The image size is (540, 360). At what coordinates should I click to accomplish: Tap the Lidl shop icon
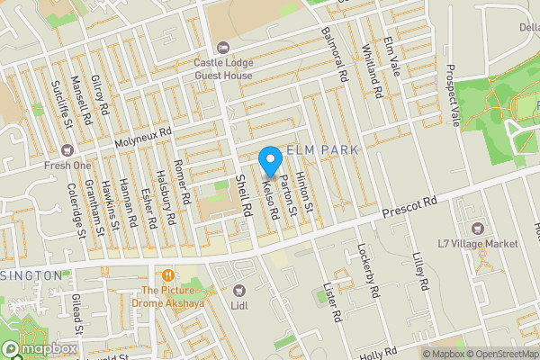pyautogui.click(x=239, y=290)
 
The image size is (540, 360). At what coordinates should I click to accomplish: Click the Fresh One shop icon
pyautogui.click(x=65, y=150)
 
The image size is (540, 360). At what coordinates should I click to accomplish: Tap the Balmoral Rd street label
pyautogui.click(x=334, y=55)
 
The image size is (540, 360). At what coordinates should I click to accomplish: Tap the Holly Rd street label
pyautogui.click(x=378, y=350)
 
